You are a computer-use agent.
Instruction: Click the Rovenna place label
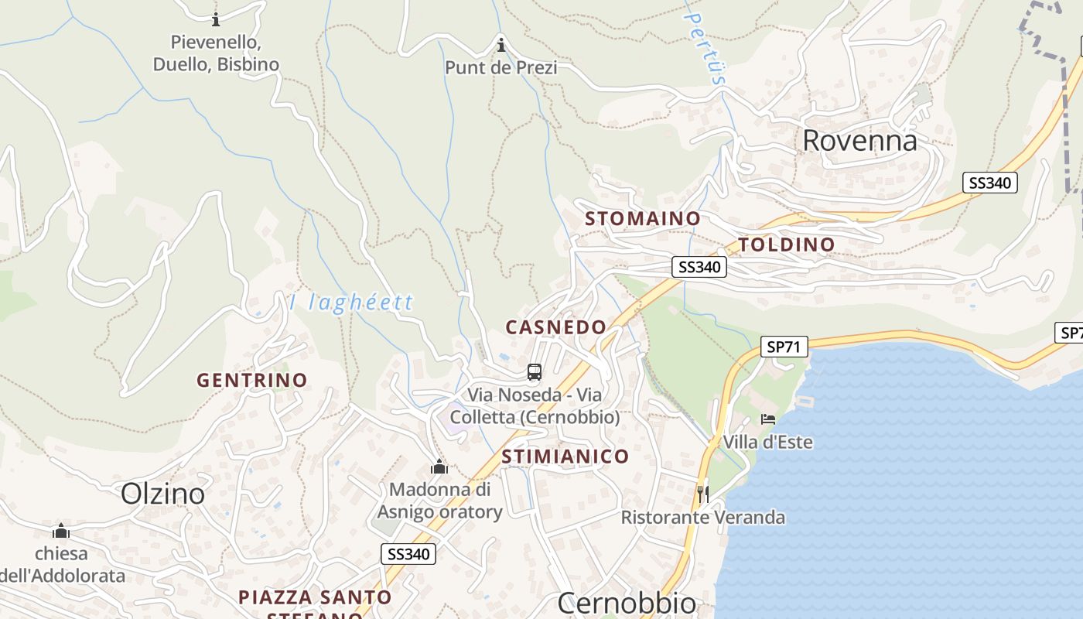point(859,141)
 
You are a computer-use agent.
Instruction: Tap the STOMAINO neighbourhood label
point(642,219)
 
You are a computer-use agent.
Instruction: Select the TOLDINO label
point(786,245)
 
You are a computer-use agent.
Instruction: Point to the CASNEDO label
point(555,327)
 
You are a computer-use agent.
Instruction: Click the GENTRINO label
point(251,381)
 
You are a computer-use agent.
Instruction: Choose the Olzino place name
point(163,494)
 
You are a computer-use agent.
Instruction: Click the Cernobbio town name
point(627,603)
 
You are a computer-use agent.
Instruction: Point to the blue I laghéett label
point(351,303)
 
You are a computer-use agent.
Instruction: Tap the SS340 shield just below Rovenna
point(989,183)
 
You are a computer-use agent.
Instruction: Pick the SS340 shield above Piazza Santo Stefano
point(408,554)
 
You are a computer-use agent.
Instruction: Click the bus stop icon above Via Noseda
point(534,372)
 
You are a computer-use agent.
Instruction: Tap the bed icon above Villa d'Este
point(767,419)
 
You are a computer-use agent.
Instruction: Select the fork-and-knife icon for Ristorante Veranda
point(702,494)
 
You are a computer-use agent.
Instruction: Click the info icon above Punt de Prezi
point(501,44)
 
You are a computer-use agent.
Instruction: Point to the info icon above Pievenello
point(215,19)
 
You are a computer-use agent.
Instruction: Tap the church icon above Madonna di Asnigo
point(439,467)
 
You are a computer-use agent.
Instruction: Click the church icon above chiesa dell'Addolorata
point(61,531)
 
